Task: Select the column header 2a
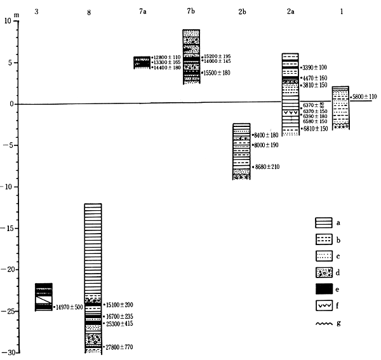[290, 11]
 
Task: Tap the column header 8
[89, 11]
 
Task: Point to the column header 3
[43, 11]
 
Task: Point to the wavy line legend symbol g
[324, 324]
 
